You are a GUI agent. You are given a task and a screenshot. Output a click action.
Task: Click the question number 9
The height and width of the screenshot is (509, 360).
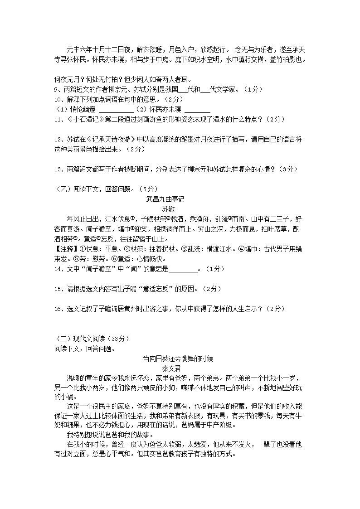tap(56, 89)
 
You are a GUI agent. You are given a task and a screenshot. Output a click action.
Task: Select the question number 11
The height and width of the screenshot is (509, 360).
tap(57, 119)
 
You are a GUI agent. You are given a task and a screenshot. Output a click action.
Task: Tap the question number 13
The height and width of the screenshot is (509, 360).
tap(57, 169)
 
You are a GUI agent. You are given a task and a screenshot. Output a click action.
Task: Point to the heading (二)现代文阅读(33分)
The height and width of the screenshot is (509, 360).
tap(85, 339)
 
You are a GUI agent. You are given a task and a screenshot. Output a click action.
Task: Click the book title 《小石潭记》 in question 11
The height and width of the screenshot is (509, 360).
tap(87, 119)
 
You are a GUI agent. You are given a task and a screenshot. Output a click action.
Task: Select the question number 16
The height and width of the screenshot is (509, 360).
tap(57, 309)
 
